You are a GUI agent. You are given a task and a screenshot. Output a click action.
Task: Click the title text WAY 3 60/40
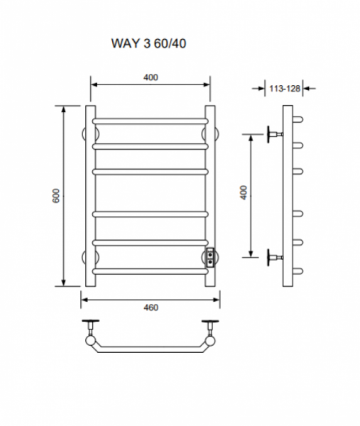point(148,43)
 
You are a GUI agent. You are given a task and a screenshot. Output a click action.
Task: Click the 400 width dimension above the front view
point(151,77)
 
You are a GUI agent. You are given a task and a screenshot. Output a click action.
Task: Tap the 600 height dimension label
point(56,196)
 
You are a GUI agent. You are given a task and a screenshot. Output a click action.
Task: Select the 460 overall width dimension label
point(151,307)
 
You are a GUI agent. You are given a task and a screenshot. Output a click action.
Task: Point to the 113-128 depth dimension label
point(285,89)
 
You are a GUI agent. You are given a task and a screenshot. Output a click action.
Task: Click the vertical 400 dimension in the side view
point(244,192)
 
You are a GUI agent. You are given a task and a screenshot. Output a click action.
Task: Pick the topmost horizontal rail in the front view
point(151,121)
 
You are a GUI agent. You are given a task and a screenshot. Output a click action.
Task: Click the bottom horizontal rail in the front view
point(151,271)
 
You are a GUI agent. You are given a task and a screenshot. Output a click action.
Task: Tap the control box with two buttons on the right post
point(210,258)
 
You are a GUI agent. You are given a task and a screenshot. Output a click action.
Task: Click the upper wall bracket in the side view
point(275,134)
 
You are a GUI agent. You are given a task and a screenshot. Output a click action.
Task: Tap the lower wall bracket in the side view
point(275,257)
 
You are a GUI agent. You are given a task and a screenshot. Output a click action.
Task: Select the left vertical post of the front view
point(90,196)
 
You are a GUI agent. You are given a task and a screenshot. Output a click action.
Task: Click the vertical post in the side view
point(288,196)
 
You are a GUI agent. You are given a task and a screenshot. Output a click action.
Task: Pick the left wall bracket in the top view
point(91,327)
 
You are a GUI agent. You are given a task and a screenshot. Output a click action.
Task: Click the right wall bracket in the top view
point(210,327)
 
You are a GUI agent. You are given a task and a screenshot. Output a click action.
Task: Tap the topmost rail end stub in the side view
point(298,119)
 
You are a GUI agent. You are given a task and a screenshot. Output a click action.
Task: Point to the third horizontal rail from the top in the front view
point(151,172)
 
